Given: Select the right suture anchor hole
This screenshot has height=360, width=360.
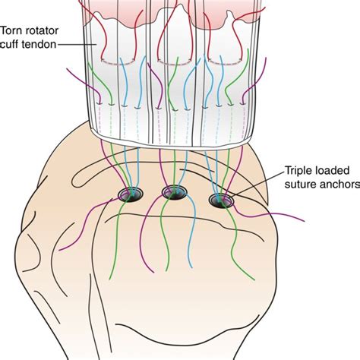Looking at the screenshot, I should pos(220,201).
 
